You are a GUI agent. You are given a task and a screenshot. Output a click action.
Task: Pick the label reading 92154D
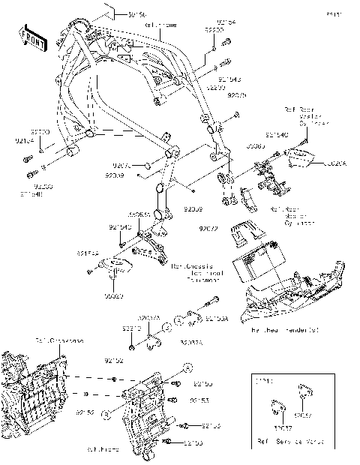(119, 226)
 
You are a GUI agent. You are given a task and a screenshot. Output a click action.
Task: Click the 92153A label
(196, 319)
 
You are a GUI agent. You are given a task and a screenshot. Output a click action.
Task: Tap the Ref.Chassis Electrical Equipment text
(197, 273)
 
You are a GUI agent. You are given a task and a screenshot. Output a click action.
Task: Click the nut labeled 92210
(132, 346)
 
